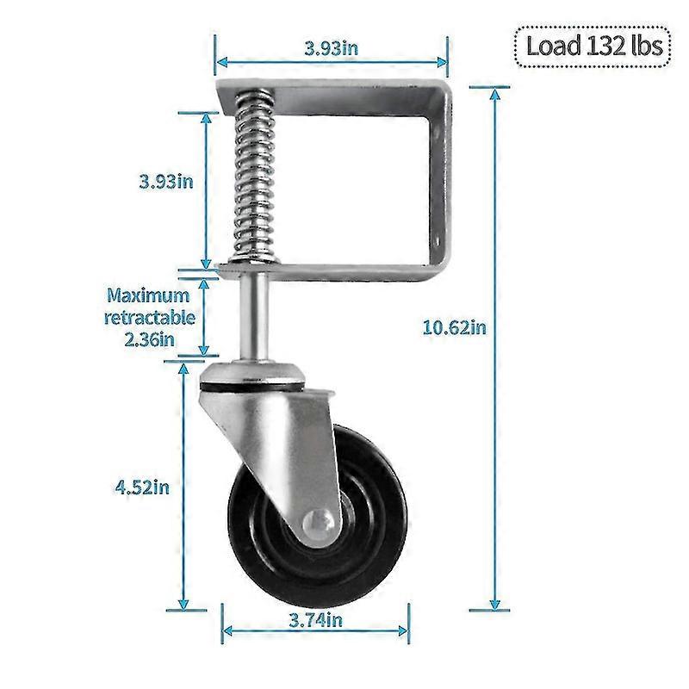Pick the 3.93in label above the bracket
[331, 48]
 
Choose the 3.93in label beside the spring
[165, 181]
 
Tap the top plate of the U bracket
[344, 90]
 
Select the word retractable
[150, 317]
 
